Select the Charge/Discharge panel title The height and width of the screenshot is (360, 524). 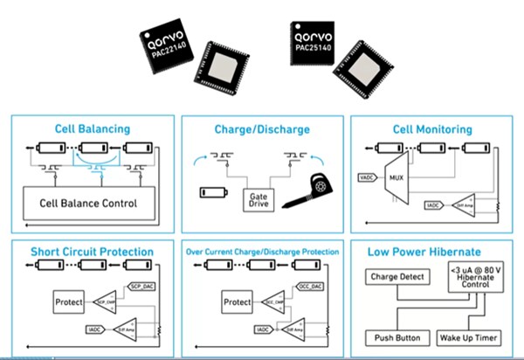(x=262, y=129)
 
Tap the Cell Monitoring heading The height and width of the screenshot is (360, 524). (x=432, y=129)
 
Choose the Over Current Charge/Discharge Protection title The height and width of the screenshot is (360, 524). (x=262, y=252)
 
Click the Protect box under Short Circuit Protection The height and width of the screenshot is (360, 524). (x=70, y=302)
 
